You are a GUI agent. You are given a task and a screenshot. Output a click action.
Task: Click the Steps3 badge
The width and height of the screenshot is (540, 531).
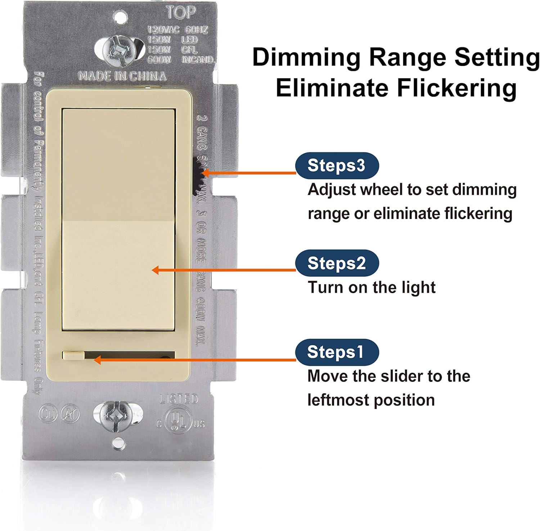click(337, 165)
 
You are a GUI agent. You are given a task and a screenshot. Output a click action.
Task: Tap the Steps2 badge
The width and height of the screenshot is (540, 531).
click(337, 263)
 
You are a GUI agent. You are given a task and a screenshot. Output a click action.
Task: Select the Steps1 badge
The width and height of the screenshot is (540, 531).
click(337, 352)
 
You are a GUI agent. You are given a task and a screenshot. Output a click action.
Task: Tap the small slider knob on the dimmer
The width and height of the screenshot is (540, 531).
click(73, 355)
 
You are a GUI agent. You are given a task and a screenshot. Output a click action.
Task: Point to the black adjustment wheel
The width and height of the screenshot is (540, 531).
click(199, 169)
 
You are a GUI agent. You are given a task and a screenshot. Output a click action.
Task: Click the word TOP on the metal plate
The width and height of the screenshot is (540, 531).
click(181, 13)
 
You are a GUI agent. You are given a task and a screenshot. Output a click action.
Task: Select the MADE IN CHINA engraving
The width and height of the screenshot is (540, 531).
click(122, 76)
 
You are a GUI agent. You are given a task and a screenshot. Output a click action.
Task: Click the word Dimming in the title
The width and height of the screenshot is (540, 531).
click(306, 58)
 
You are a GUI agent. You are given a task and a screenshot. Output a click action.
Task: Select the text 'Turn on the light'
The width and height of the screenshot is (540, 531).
click(372, 288)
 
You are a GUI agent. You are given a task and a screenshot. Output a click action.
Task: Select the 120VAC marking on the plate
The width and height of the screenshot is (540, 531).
click(163, 30)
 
